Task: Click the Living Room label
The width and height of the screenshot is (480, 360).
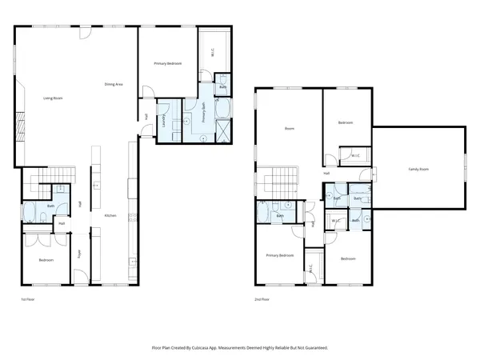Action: point(53,98)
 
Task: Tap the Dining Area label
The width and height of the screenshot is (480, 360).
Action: point(114,84)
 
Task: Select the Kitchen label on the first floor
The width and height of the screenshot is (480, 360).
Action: point(111,215)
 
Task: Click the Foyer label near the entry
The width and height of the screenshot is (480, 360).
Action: point(80,255)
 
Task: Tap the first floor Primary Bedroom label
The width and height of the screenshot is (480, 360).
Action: point(169,62)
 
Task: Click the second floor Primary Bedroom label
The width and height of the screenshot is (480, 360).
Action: point(280,255)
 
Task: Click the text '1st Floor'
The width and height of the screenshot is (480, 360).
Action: point(28,299)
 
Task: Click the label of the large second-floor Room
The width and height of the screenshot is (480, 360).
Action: point(290,129)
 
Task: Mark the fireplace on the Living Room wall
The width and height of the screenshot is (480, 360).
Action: point(22,123)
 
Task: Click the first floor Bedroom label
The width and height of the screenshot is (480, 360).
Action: point(47,260)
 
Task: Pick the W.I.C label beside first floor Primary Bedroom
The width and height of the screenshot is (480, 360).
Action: point(212,52)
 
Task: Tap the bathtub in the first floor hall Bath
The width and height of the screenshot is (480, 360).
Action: point(29,212)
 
